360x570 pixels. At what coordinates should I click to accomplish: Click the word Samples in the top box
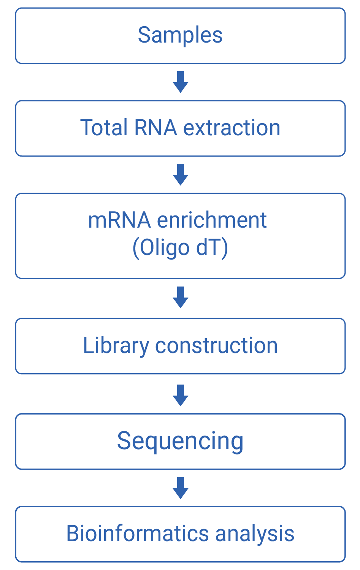[180, 36]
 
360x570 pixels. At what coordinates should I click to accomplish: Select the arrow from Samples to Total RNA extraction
[181, 82]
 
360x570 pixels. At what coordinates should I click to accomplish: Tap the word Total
[104, 128]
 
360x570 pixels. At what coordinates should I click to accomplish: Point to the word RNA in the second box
[155, 128]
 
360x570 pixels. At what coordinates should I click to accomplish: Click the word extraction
[232, 128]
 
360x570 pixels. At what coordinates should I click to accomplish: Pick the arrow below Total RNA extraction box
[181, 174]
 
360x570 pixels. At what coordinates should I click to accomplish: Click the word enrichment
[212, 220]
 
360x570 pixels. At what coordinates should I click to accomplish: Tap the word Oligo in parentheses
[165, 249]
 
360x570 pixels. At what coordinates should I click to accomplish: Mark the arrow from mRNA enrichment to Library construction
[181, 297]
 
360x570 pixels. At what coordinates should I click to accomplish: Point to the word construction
[216, 346]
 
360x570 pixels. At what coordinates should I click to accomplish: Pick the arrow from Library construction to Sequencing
[181, 395]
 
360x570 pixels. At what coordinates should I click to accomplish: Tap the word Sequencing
[180, 442]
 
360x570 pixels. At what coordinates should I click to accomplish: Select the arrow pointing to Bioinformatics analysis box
[181, 488]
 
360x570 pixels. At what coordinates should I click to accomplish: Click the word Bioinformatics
[137, 534]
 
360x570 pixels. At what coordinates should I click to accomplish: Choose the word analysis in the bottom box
[255, 534]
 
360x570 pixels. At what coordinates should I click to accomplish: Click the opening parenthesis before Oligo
[135, 249]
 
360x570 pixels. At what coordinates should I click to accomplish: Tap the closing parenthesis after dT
[225, 249]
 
